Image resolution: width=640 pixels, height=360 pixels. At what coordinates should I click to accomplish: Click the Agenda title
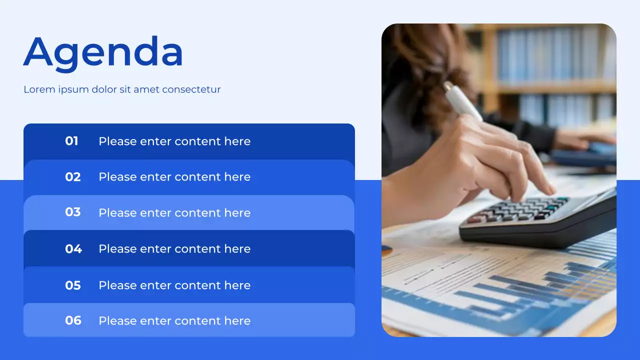coord(103,52)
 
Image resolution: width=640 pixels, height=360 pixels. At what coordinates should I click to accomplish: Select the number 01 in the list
coord(72,141)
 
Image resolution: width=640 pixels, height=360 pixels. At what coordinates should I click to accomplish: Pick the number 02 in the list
coord(73,177)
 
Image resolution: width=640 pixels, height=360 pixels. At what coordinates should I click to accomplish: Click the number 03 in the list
coord(73,212)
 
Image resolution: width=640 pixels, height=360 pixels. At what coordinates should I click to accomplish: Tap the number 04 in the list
coord(73,248)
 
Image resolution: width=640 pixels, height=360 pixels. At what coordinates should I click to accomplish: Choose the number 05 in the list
coord(73,285)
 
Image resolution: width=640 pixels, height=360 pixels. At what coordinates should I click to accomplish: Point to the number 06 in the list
coord(73,320)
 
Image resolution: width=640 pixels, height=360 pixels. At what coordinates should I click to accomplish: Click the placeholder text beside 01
coord(174,141)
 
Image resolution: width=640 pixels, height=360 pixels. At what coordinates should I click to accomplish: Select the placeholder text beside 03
coord(174,212)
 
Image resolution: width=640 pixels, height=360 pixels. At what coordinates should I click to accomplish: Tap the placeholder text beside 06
coord(174,320)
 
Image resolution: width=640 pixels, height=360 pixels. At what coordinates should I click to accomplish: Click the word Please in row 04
coord(117,248)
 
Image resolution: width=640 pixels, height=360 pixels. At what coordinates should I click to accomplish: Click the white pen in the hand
coord(462,101)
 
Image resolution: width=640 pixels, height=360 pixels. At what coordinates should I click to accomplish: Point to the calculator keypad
coord(520,208)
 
